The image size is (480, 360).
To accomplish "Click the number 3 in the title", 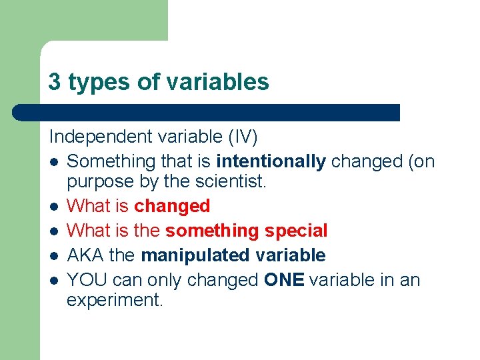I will [x=55, y=82].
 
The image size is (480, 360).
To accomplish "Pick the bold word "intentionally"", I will [x=271, y=161].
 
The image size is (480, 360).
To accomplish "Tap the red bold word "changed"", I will [x=172, y=206].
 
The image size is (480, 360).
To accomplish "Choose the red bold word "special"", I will [x=296, y=231].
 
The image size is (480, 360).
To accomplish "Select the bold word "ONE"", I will [x=284, y=279].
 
